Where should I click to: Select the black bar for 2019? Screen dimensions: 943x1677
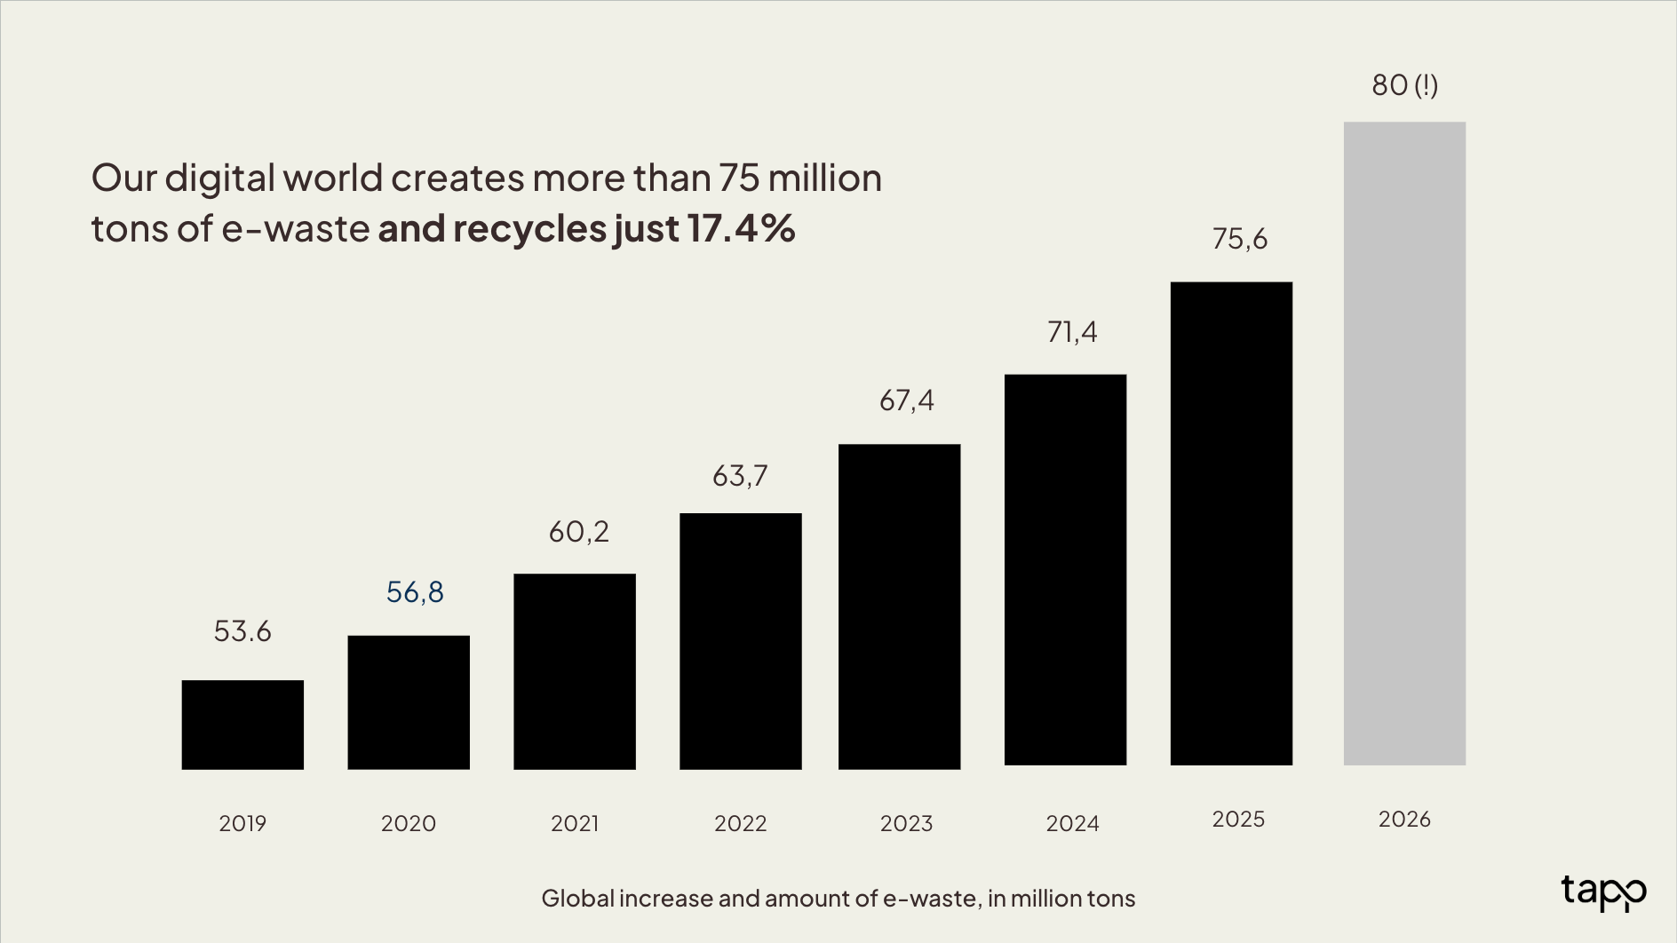pos(242,725)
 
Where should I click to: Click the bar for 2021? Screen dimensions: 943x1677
pos(575,671)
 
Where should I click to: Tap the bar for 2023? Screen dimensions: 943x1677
pos(899,606)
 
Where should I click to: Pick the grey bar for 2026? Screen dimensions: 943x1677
pos(1404,443)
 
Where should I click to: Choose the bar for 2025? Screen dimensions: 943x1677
pos(1231,523)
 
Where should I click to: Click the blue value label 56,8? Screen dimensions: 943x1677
pos(415,592)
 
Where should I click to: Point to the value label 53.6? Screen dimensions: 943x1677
pos(242,631)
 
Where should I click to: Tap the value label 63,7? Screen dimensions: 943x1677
pos(740,476)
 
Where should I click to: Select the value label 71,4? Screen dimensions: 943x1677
pos(1072,332)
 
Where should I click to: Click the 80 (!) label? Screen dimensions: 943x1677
pos(1404,85)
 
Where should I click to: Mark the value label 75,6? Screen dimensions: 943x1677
pos(1240,239)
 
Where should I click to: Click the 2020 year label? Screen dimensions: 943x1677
pos(409,823)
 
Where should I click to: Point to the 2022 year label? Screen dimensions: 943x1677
pos(740,823)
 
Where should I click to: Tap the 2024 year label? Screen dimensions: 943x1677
pos(1072,823)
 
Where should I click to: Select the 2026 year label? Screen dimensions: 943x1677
pos(1404,819)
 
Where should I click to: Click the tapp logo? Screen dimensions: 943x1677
pos(1603,891)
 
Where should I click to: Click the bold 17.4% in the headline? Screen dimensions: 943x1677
pos(741,228)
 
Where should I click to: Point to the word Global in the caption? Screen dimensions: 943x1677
pos(577,899)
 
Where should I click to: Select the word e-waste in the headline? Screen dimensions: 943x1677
pos(295,229)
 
